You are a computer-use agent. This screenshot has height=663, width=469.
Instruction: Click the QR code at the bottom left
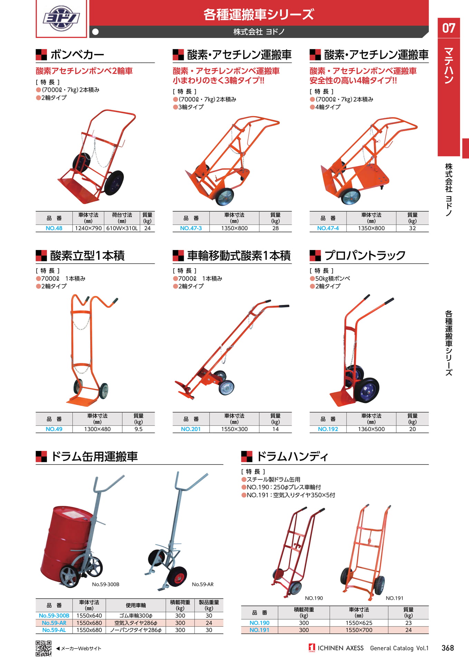point(44,648)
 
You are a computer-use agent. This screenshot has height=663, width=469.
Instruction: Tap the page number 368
point(448,648)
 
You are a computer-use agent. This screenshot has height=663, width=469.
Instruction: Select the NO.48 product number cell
point(54,228)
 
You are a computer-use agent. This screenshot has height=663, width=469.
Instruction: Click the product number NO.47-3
point(191,228)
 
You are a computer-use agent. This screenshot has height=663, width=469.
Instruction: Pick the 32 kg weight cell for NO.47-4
point(412,228)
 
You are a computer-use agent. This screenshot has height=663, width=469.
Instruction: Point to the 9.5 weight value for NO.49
point(138,429)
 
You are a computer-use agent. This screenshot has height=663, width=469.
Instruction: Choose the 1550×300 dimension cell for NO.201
point(234,429)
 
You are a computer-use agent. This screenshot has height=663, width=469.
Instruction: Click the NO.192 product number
point(328,429)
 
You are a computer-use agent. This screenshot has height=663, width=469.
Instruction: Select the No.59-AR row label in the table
point(54,623)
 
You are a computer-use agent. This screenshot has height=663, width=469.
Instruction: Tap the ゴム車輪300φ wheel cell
point(136,616)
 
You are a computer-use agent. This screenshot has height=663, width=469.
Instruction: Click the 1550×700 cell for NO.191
point(359,630)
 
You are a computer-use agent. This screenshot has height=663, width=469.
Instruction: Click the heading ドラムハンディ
point(292,457)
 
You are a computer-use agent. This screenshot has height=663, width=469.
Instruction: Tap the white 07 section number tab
point(449,28)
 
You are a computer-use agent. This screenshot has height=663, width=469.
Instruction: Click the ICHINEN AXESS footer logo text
point(341,648)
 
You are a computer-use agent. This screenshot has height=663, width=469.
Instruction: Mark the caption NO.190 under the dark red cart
point(314,598)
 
